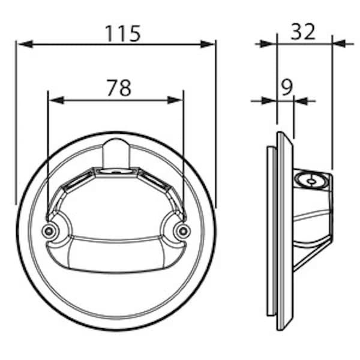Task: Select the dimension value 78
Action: tap(119, 88)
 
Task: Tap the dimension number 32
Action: tap(303, 32)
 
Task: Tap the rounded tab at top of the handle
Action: tap(115, 153)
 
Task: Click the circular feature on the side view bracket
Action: tap(311, 179)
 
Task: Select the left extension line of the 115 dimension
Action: tap(16, 120)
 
